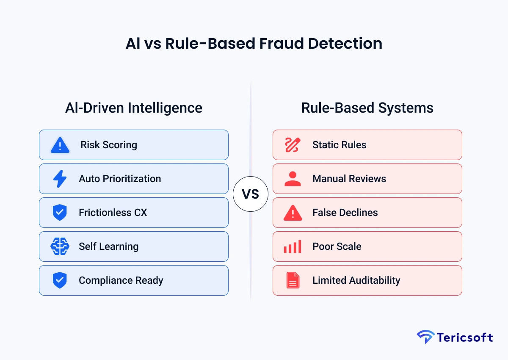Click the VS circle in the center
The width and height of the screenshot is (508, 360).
(x=251, y=194)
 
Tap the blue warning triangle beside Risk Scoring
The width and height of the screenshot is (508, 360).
(x=60, y=145)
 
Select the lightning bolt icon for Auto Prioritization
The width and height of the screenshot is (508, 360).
(x=60, y=179)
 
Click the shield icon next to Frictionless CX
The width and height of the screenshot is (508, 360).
(x=60, y=213)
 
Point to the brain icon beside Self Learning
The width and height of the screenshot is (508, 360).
(x=60, y=246)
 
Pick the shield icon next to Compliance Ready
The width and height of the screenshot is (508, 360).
(x=60, y=280)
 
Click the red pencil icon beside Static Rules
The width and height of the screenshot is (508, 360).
(x=293, y=145)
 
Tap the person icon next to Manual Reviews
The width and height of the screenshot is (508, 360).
(x=293, y=179)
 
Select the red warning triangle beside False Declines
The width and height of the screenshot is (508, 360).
(x=293, y=213)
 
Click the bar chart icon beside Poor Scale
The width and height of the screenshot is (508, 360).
(x=293, y=246)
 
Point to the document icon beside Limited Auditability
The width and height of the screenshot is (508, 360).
(x=293, y=280)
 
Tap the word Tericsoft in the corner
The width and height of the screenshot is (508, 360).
(x=465, y=338)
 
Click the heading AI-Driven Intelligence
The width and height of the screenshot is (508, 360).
(x=134, y=108)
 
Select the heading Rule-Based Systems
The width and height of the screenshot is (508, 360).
(x=367, y=108)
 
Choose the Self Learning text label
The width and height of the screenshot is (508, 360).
(x=108, y=246)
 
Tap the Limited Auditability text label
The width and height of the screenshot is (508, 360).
(x=356, y=280)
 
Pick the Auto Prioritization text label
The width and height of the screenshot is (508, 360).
(x=120, y=179)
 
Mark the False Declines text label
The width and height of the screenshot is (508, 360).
(x=345, y=213)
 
